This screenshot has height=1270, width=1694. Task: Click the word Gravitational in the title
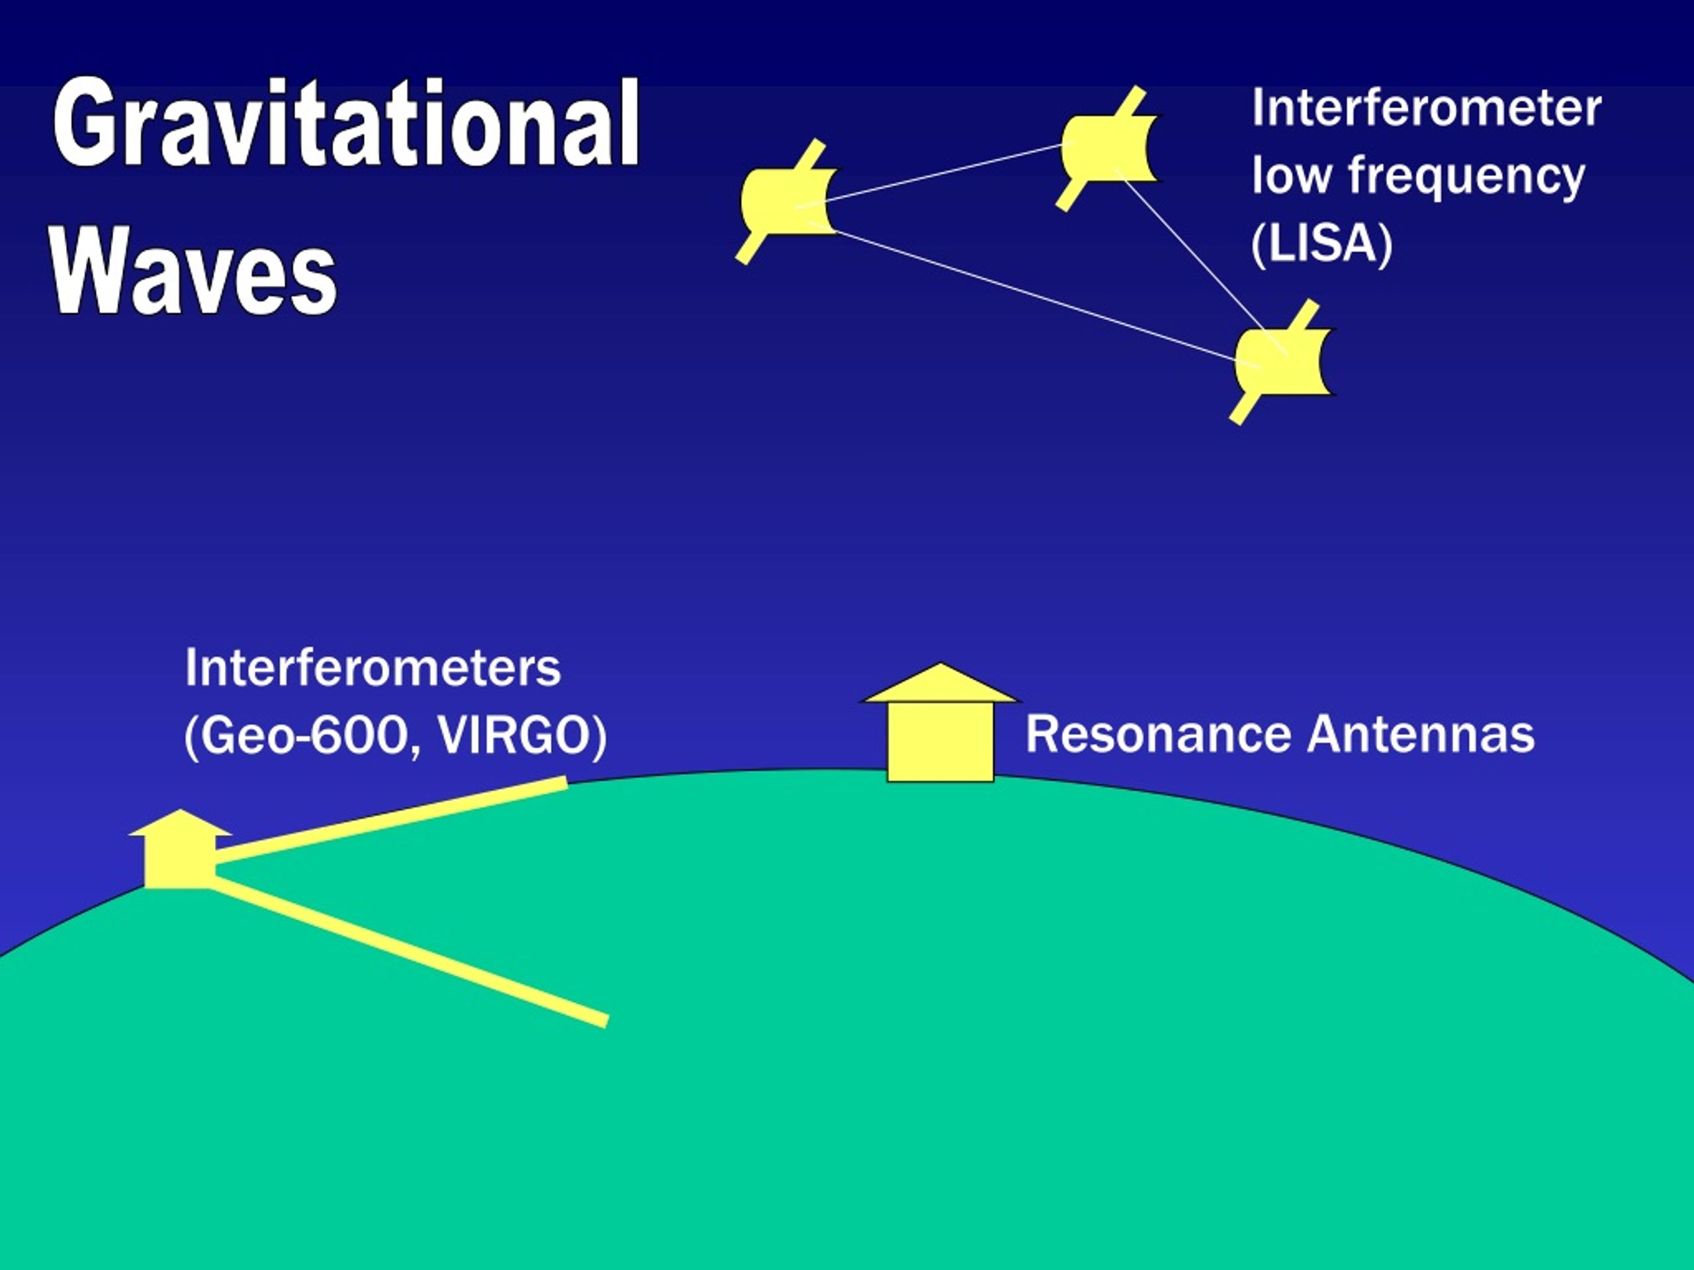pos(346,122)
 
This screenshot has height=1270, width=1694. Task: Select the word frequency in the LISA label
pos(1466,177)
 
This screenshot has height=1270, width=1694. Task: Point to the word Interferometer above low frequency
pos(1426,108)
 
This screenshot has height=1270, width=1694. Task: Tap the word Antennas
pos(1421,734)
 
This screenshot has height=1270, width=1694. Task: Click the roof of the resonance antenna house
pos(940,683)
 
